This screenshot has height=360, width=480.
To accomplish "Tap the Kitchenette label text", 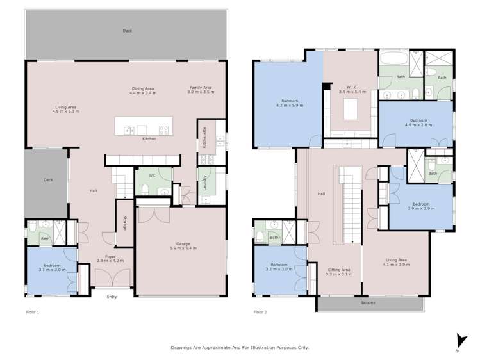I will (204, 138).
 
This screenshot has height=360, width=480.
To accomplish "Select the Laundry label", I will (204, 183).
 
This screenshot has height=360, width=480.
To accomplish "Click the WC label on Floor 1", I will (152, 175).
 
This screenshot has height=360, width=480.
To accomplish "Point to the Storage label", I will (124, 221).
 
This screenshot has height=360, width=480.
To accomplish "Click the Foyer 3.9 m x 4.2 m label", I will (110, 259).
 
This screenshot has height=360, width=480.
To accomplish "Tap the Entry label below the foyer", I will (112, 296).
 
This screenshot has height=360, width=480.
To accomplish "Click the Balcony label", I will (368, 302).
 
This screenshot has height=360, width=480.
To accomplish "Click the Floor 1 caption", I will (33, 312).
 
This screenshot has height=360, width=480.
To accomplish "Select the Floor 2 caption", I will (260, 312).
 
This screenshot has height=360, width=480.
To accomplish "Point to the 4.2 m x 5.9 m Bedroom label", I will (288, 103).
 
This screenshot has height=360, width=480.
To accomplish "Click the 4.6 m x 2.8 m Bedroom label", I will (418, 122).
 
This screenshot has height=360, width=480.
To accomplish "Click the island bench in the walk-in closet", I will (351, 110).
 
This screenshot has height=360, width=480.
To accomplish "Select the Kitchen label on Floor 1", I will (149, 139).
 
